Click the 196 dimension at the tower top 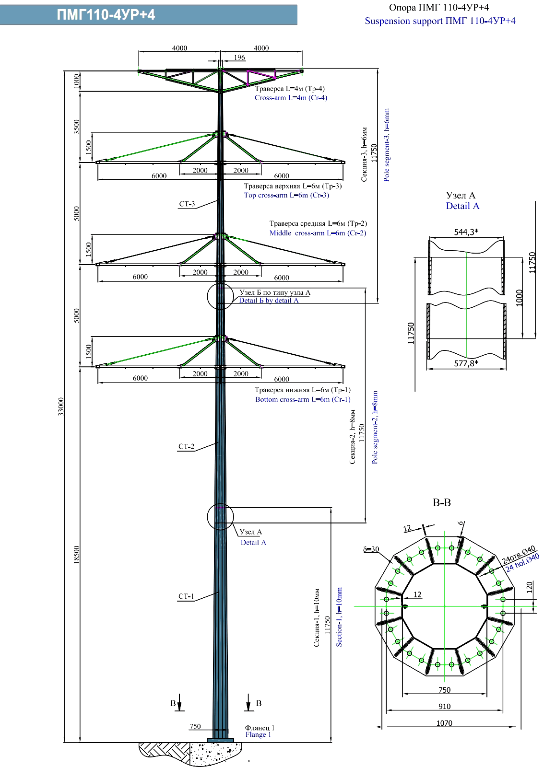tap(239, 58)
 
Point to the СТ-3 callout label tap(187, 204)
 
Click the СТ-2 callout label tap(186, 447)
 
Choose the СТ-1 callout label tap(186, 597)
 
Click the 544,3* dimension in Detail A tap(466, 232)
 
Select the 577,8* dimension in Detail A tap(466, 363)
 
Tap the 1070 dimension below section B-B tap(444, 723)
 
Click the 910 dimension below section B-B tap(444, 706)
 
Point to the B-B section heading tap(441, 503)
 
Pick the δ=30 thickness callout tap(371, 549)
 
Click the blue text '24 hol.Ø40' tap(522, 562)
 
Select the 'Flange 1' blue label tap(258, 734)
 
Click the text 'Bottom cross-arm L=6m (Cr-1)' tap(303, 399)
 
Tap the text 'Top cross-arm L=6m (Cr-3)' tap(286, 195)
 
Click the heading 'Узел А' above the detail tap(461, 195)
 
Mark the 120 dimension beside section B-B tap(530, 587)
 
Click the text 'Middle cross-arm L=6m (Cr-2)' tap(318, 233)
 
